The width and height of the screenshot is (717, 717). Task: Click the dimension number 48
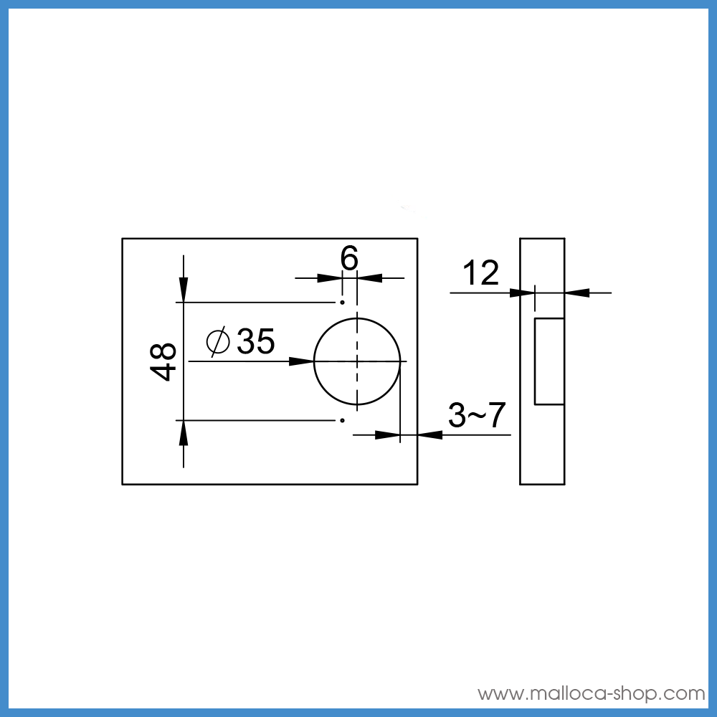(x=163, y=361)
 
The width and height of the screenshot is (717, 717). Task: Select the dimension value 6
(x=349, y=258)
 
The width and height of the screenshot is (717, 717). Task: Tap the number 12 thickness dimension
(x=480, y=273)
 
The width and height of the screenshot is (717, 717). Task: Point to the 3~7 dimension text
(x=477, y=415)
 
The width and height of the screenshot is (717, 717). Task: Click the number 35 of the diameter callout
(x=256, y=341)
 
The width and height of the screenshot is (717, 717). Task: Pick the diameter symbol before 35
(x=218, y=341)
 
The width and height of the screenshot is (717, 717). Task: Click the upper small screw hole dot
(x=342, y=303)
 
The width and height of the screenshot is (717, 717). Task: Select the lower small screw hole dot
(x=342, y=419)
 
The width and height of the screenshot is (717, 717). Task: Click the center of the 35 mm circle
(x=357, y=361)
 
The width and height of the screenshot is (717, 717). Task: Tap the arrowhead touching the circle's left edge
(x=302, y=361)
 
